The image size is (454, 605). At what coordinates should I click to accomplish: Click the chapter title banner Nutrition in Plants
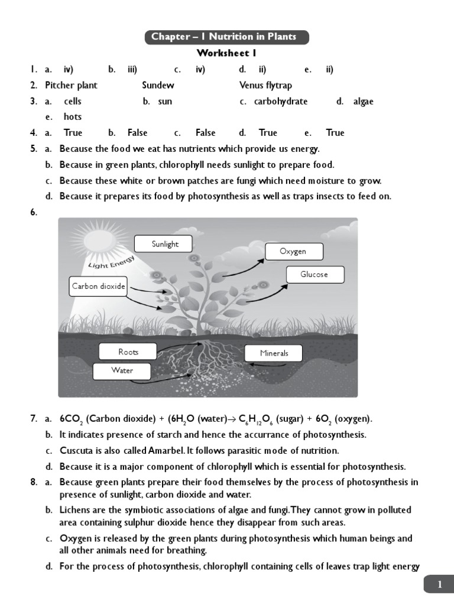pyautogui.click(x=227, y=37)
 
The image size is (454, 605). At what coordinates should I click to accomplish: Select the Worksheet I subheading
pyautogui.click(x=226, y=54)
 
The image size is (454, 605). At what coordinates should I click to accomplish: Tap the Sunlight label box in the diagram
pyautogui.click(x=164, y=244)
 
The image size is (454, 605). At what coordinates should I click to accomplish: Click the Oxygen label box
pyautogui.click(x=293, y=252)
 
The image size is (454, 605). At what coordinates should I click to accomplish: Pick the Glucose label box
pyautogui.click(x=314, y=275)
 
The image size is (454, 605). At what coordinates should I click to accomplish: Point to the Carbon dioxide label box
pyautogui.click(x=99, y=287)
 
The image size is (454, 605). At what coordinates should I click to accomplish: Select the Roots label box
pyautogui.click(x=128, y=352)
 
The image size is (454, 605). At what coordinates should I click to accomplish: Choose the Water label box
pyautogui.click(x=122, y=371)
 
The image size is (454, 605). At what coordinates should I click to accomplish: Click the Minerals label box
pyautogui.click(x=274, y=353)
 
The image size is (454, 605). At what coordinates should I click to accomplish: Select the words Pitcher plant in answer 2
pyautogui.click(x=71, y=85)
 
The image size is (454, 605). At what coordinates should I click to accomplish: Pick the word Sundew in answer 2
pyautogui.click(x=158, y=85)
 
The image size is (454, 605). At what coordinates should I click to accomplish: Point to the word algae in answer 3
pyautogui.click(x=363, y=101)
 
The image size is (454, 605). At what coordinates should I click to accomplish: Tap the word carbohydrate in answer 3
pyautogui.click(x=281, y=101)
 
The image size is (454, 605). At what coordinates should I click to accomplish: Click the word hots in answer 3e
pyautogui.click(x=73, y=116)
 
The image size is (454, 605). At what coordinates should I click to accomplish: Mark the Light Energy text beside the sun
pyautogui.click(x=111, y=262)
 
